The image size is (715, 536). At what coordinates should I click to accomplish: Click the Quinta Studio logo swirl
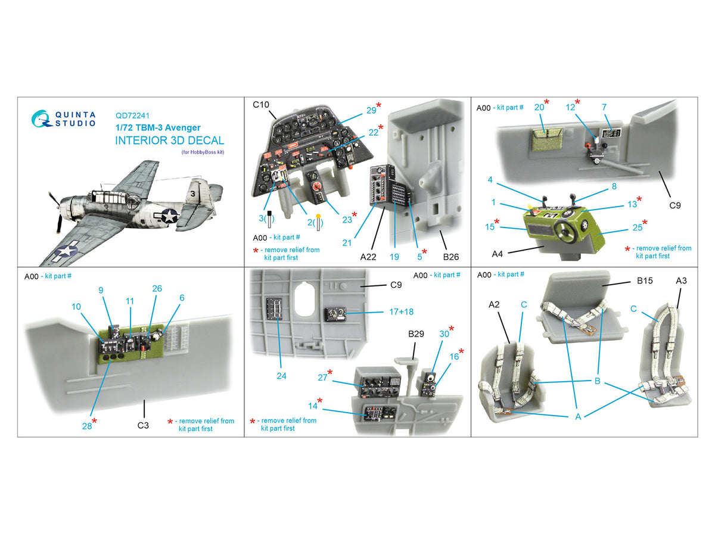click(41, 119)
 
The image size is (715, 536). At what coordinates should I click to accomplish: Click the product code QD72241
click(132, 116)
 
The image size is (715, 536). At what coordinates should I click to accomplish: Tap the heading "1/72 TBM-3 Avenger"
click(158, 127)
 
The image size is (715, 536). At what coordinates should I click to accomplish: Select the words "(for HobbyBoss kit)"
click(203, 152)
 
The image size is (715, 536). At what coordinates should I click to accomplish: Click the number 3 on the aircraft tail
click(192, 194)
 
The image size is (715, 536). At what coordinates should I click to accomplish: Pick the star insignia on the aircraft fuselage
click(169, 216)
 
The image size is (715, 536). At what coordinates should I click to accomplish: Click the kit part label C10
click(261, 105)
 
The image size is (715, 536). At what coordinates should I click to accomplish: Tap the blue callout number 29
click(371, 111)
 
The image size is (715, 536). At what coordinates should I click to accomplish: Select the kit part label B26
click(451, 257)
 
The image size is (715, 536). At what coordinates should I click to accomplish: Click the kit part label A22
click(368, 257)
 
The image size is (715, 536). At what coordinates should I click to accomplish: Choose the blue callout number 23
click(347, 220)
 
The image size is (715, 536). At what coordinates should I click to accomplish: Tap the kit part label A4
click(497, 254)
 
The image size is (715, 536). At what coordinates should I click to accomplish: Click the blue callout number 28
click(86, 426)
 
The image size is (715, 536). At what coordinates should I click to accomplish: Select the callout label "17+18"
click(402, 311)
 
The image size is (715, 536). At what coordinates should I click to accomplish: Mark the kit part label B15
click(645, 281)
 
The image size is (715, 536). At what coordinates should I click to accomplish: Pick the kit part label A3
click(681, 281)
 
